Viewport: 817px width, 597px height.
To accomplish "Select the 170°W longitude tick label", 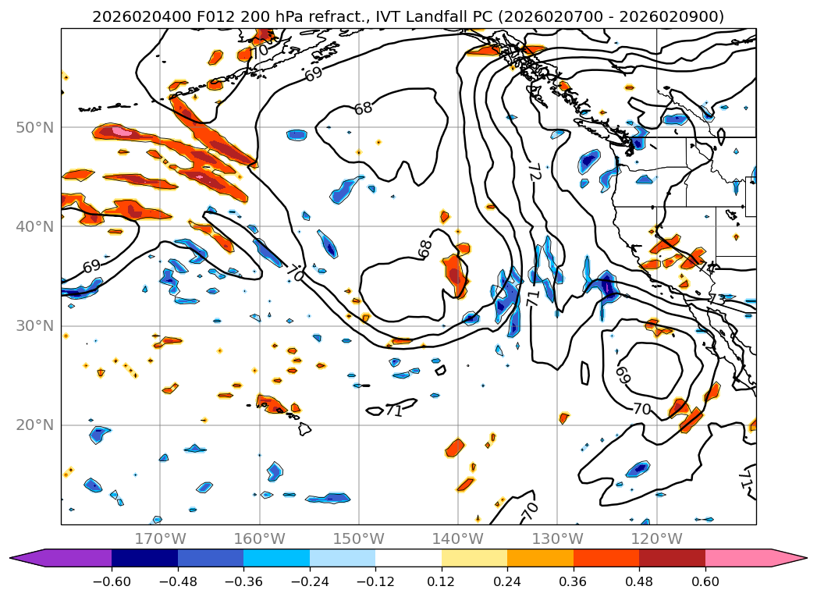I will pos(161,538).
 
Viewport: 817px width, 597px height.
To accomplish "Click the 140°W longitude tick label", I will pos(458,538).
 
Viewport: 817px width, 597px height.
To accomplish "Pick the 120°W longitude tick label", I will pos(656,538).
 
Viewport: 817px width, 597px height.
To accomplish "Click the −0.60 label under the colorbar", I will pos(112,583).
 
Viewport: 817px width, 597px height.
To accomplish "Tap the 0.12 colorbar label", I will pos(442,583).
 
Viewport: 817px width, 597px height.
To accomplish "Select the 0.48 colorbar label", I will pos(639,583).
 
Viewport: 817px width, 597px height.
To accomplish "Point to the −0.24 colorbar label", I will pos(310,583).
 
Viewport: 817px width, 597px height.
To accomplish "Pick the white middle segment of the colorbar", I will pos(408,557).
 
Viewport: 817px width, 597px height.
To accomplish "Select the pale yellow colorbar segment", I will pos(474,557).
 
